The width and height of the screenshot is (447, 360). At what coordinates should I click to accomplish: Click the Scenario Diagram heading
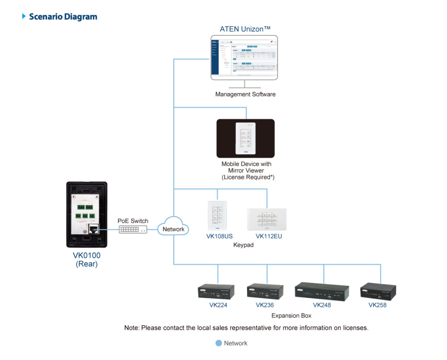(x=63, y=17)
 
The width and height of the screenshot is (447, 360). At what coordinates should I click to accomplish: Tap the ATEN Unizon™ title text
(x=245, y=30)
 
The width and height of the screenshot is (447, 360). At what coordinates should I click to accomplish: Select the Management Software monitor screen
(x=244, y=57)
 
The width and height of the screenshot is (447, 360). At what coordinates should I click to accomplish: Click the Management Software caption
(x=245, y=94)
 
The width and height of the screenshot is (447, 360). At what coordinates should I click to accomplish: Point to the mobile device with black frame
(x=245, y=138)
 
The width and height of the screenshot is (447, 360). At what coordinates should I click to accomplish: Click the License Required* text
(x=248, y=177)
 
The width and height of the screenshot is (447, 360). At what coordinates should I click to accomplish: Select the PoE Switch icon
(x=133, y=229)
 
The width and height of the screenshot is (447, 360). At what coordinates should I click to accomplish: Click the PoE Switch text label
(x=133, y=221)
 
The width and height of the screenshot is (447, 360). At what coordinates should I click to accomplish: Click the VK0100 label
(x=86, y=256)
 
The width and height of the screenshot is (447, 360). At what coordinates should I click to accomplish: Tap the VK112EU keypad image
(x=267, y=219)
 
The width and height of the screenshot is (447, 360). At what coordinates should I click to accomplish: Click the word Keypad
(x=243, y=245)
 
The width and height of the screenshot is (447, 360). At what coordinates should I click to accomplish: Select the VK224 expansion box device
(x=216, y=292)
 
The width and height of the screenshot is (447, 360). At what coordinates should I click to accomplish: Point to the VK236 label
(x=265, y=305)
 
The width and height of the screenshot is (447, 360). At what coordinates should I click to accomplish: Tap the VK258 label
(x=378, y=305)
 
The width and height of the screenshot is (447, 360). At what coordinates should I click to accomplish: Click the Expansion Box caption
(x=291, y=315)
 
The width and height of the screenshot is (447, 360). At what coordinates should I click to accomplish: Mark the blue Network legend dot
(x=219, y=343)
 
